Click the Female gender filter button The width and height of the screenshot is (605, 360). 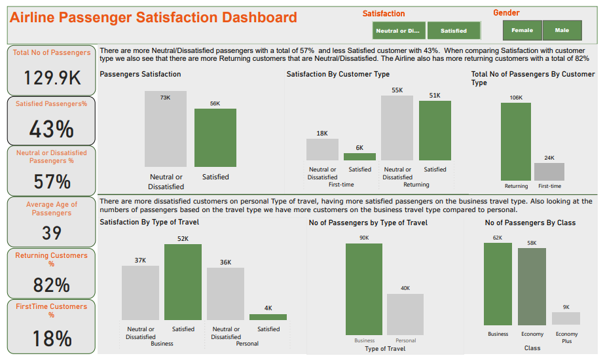click(x=522, y=30)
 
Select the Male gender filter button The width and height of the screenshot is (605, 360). click(x=562, y=30)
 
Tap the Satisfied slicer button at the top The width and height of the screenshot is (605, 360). click(x=454, y=31)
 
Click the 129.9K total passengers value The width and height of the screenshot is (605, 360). click(x=52, y=78)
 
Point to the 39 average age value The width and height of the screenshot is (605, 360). click(x=52, y=233)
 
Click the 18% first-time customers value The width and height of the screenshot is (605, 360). click(x=52, y=338)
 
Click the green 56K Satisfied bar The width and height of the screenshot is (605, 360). click(x=215, y=137)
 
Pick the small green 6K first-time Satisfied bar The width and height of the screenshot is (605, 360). click(x=359, y=157)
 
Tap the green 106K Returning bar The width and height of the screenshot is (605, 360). click(x=515, y=141)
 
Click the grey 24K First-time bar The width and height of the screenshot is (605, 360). click(x=549, y=171)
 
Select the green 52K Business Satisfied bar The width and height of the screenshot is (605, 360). click(x=183, y=282)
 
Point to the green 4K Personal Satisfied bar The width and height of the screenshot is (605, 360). click(x=268, y=317)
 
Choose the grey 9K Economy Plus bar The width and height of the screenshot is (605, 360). click(x=566, y=318)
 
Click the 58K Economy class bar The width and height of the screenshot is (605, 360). click(x=531, y=287)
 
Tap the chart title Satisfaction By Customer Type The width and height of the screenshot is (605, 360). click(x=338, y=75)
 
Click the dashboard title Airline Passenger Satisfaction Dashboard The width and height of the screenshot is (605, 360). click(x=153, y=18)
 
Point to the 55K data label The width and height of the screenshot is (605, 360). click(x=397, y=90)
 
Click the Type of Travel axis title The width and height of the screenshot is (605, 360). click(x=384, y=349)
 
